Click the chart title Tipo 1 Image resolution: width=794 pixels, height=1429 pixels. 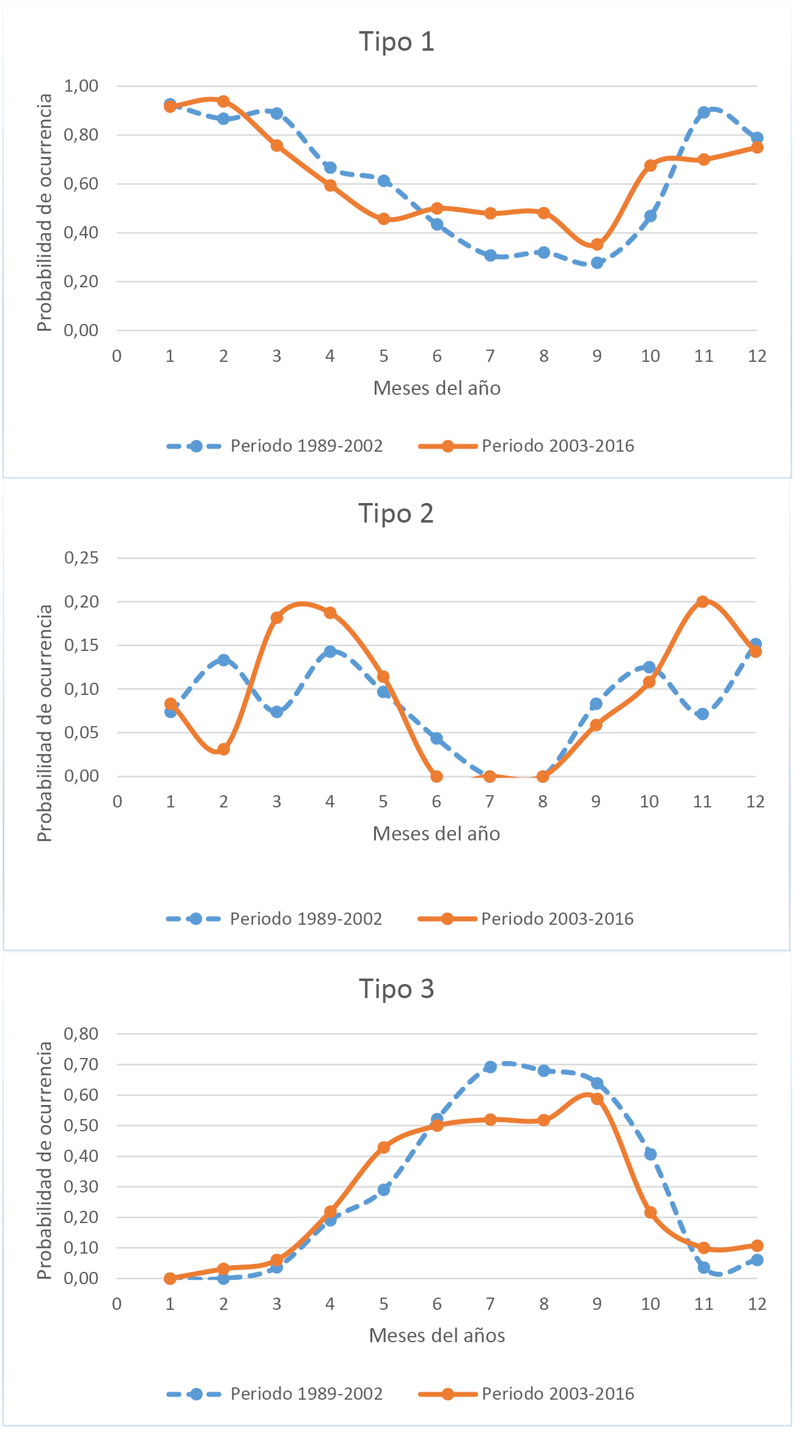tap(396, 42)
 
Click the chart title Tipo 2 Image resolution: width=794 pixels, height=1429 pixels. tap(395, 513)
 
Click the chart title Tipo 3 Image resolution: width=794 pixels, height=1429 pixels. tap(396, 988)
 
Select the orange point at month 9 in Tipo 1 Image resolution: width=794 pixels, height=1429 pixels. tap(597, 244)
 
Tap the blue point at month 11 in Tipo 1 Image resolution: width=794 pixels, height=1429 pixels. tap(704, 112)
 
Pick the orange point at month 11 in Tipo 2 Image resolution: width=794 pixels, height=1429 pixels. tap(702, 601)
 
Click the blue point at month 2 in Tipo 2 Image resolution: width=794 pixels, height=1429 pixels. tap(224, 660)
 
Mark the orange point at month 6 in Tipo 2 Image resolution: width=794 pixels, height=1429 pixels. tap(436, 776)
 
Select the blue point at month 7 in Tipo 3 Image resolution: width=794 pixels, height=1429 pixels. tap(490, 1067)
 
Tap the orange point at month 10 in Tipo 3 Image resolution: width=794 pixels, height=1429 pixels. tap(650, 1213)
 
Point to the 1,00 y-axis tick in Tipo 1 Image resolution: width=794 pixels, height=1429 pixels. tap(81, 86)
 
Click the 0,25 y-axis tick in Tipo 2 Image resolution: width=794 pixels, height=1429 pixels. tap(81, 557)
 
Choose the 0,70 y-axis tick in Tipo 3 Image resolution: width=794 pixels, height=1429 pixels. tap(81, 1064)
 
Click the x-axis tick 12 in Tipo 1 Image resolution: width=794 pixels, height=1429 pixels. tap(757, 356)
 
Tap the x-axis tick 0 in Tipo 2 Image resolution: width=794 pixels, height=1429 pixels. tap(117, 802)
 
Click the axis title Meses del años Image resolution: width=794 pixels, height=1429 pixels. tap(436, 1335)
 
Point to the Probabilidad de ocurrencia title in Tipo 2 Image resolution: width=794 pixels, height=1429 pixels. tap(45, 722)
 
